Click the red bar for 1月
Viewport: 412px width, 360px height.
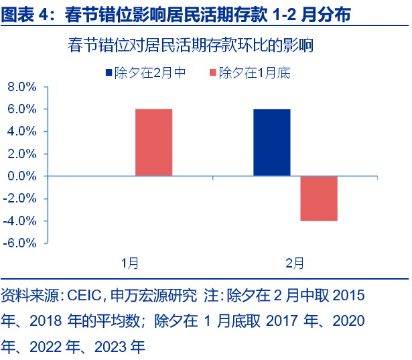[x=153, y=142]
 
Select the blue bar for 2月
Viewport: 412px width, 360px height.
[x=272, y=142]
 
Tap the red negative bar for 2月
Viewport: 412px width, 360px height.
[x=318, y=198]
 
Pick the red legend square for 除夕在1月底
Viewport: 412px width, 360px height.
[x=213, y=72]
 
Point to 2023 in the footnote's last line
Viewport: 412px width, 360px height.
[x=111, y=347]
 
